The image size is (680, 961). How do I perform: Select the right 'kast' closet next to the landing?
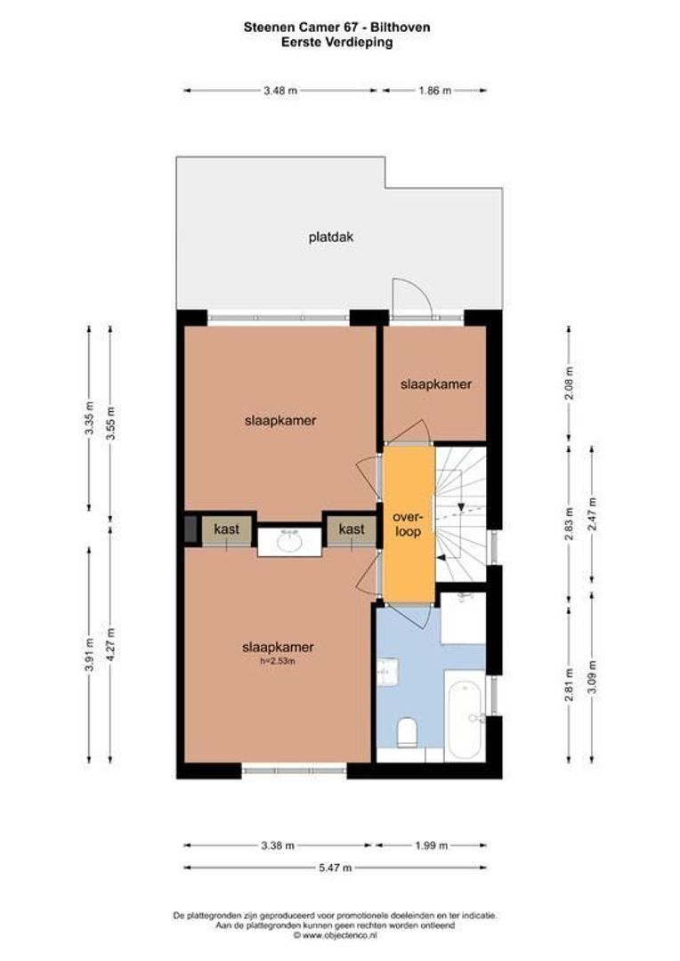coord(352,529)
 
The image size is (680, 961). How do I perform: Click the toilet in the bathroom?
coord(408,731)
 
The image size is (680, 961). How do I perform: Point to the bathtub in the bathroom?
coord(465,715)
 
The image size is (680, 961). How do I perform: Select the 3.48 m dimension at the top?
coord(281,90)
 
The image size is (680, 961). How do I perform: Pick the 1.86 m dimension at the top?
coord(434,90)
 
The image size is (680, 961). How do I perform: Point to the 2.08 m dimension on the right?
coord(570,384)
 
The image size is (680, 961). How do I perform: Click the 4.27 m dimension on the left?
coord(109,643)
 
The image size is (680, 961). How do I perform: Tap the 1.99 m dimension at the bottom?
coord(430,846)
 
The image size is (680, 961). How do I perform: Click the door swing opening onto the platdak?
coord(410,297)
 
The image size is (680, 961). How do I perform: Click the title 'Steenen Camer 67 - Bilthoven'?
coord(336,28)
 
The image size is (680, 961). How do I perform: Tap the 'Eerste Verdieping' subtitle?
coord(336,41)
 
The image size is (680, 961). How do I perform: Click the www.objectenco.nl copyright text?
coord(336,935)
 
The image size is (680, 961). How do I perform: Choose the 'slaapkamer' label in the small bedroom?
coord(435,384)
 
